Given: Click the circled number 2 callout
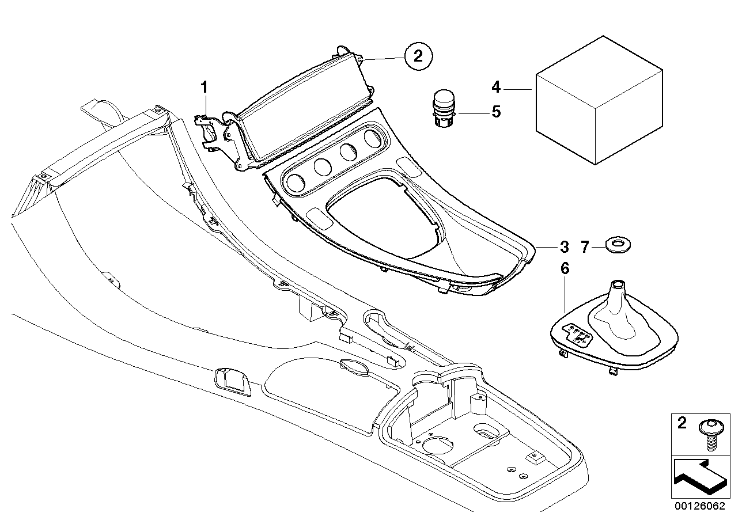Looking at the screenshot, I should click(x=418, y=56).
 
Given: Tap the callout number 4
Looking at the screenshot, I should click(x=496, y=88).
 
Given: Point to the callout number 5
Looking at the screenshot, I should click(x=496, y=111).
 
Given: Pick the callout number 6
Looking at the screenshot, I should click(x=565, y=268).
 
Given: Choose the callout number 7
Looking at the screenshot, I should click(x=585, y=247).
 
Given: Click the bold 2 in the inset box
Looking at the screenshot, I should click(x=683, y=424).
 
